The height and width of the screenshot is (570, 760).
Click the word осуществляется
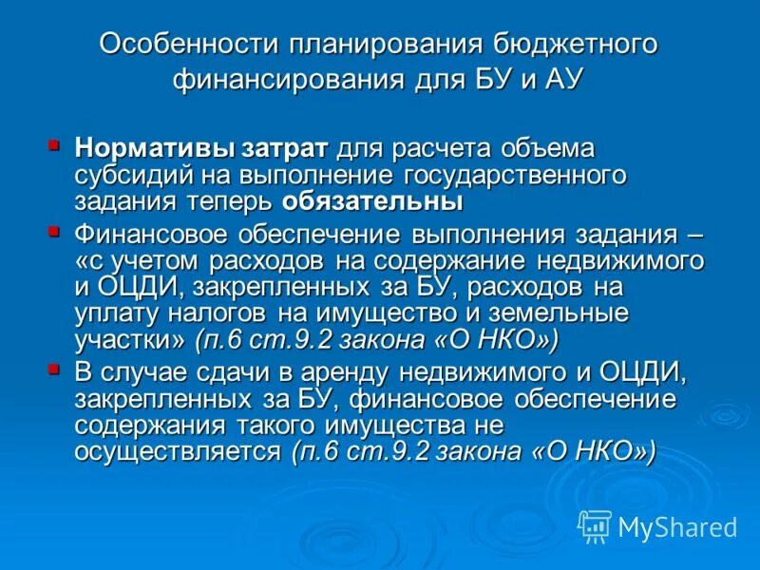click(179, 452)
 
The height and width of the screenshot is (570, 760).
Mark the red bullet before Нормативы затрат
click(54, 145)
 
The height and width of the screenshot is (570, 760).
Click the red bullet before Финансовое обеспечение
click(54, 231)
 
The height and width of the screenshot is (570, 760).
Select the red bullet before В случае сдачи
click(54, 369)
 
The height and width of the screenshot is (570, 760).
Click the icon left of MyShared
click(595, 525)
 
